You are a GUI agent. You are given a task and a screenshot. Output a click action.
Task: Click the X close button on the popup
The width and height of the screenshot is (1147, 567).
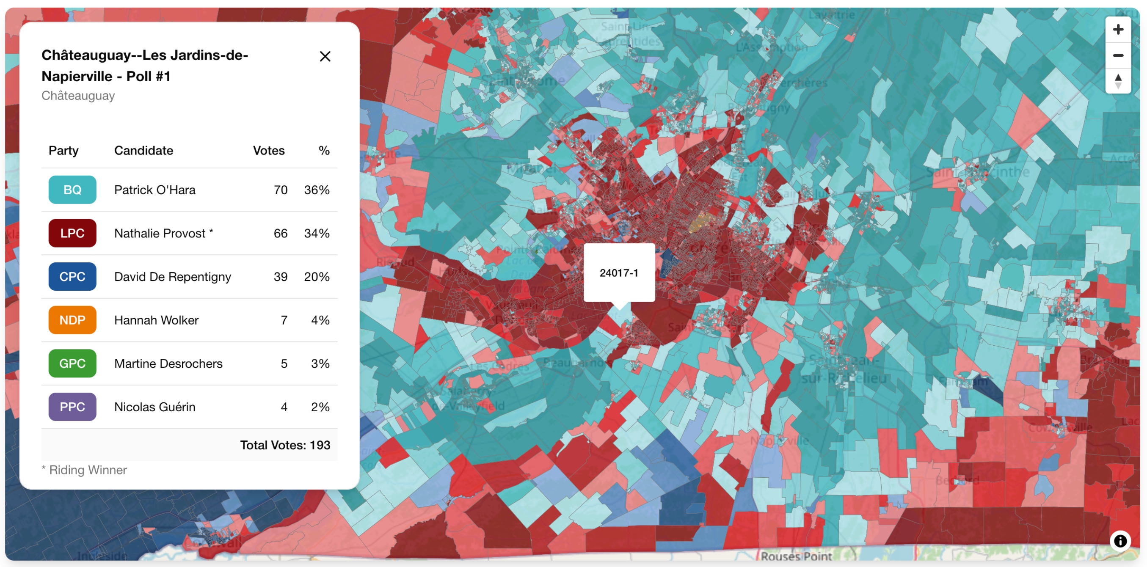point(325,57)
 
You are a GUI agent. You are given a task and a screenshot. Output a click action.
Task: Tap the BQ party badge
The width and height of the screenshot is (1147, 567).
point(72,190)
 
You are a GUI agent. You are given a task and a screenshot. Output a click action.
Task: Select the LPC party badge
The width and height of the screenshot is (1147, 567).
point(72,233)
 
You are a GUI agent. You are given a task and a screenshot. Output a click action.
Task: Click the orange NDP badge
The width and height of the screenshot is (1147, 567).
point(72,320)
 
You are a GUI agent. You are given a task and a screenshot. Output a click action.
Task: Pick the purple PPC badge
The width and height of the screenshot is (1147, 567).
point(72,407)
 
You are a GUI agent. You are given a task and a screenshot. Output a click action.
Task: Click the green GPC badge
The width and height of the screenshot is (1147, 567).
point(72,363)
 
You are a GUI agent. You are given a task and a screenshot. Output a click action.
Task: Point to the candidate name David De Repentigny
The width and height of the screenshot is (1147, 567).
point(172,277)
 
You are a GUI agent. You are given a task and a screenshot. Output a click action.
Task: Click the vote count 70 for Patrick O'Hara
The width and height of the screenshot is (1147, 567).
point(280,190)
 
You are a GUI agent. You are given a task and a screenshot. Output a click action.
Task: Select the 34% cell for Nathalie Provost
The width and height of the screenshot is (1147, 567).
point(317,233)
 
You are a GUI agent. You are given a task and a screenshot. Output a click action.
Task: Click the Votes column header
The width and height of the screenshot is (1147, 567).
point(268,151)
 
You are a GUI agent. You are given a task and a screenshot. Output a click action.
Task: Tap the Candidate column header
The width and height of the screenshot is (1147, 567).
point(143,151)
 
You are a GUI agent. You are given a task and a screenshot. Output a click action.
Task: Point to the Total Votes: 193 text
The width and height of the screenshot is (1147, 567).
point(285,445)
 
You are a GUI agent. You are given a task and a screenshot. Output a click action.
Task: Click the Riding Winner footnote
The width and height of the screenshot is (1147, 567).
point(84,470)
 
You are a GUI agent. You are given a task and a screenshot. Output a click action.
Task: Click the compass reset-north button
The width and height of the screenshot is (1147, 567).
point(1118,81)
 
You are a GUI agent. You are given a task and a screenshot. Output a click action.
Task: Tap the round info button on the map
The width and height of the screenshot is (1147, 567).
point(1120,541)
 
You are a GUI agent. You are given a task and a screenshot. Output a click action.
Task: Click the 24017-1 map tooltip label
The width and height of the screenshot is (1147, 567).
point(618,273)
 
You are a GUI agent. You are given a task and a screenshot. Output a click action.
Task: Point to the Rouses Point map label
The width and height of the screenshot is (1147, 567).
point(796,556)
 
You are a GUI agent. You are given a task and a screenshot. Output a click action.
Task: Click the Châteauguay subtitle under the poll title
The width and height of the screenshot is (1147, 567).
point(78,96)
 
